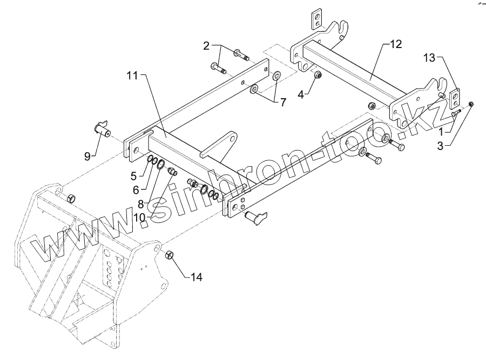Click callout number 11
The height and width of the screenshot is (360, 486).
click(133, 77)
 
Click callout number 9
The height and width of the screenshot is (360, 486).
click(87, 157)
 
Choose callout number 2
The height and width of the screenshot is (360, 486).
click(206, 46)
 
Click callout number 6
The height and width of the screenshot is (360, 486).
click(136, 189)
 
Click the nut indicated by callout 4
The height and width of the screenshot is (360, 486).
click(318, 76)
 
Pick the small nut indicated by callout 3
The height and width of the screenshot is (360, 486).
click(471, 104)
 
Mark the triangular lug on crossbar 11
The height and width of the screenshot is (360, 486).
click(226, 142)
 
